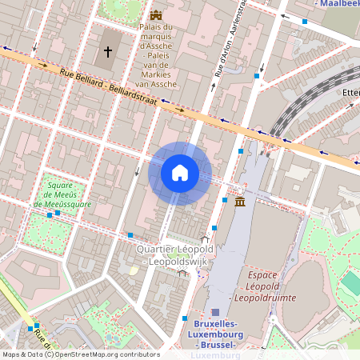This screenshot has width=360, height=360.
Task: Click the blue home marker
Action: (179, 173)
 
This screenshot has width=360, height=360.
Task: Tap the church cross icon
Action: (108, 53)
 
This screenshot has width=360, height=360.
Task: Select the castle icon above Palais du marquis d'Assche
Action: (154, 15)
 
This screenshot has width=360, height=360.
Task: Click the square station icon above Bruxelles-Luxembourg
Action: (215, 312)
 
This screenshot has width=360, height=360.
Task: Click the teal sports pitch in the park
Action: (350, 282)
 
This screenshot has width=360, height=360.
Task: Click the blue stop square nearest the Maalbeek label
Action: (304, 22)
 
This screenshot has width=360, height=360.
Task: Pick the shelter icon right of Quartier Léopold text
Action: (206, 238)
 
